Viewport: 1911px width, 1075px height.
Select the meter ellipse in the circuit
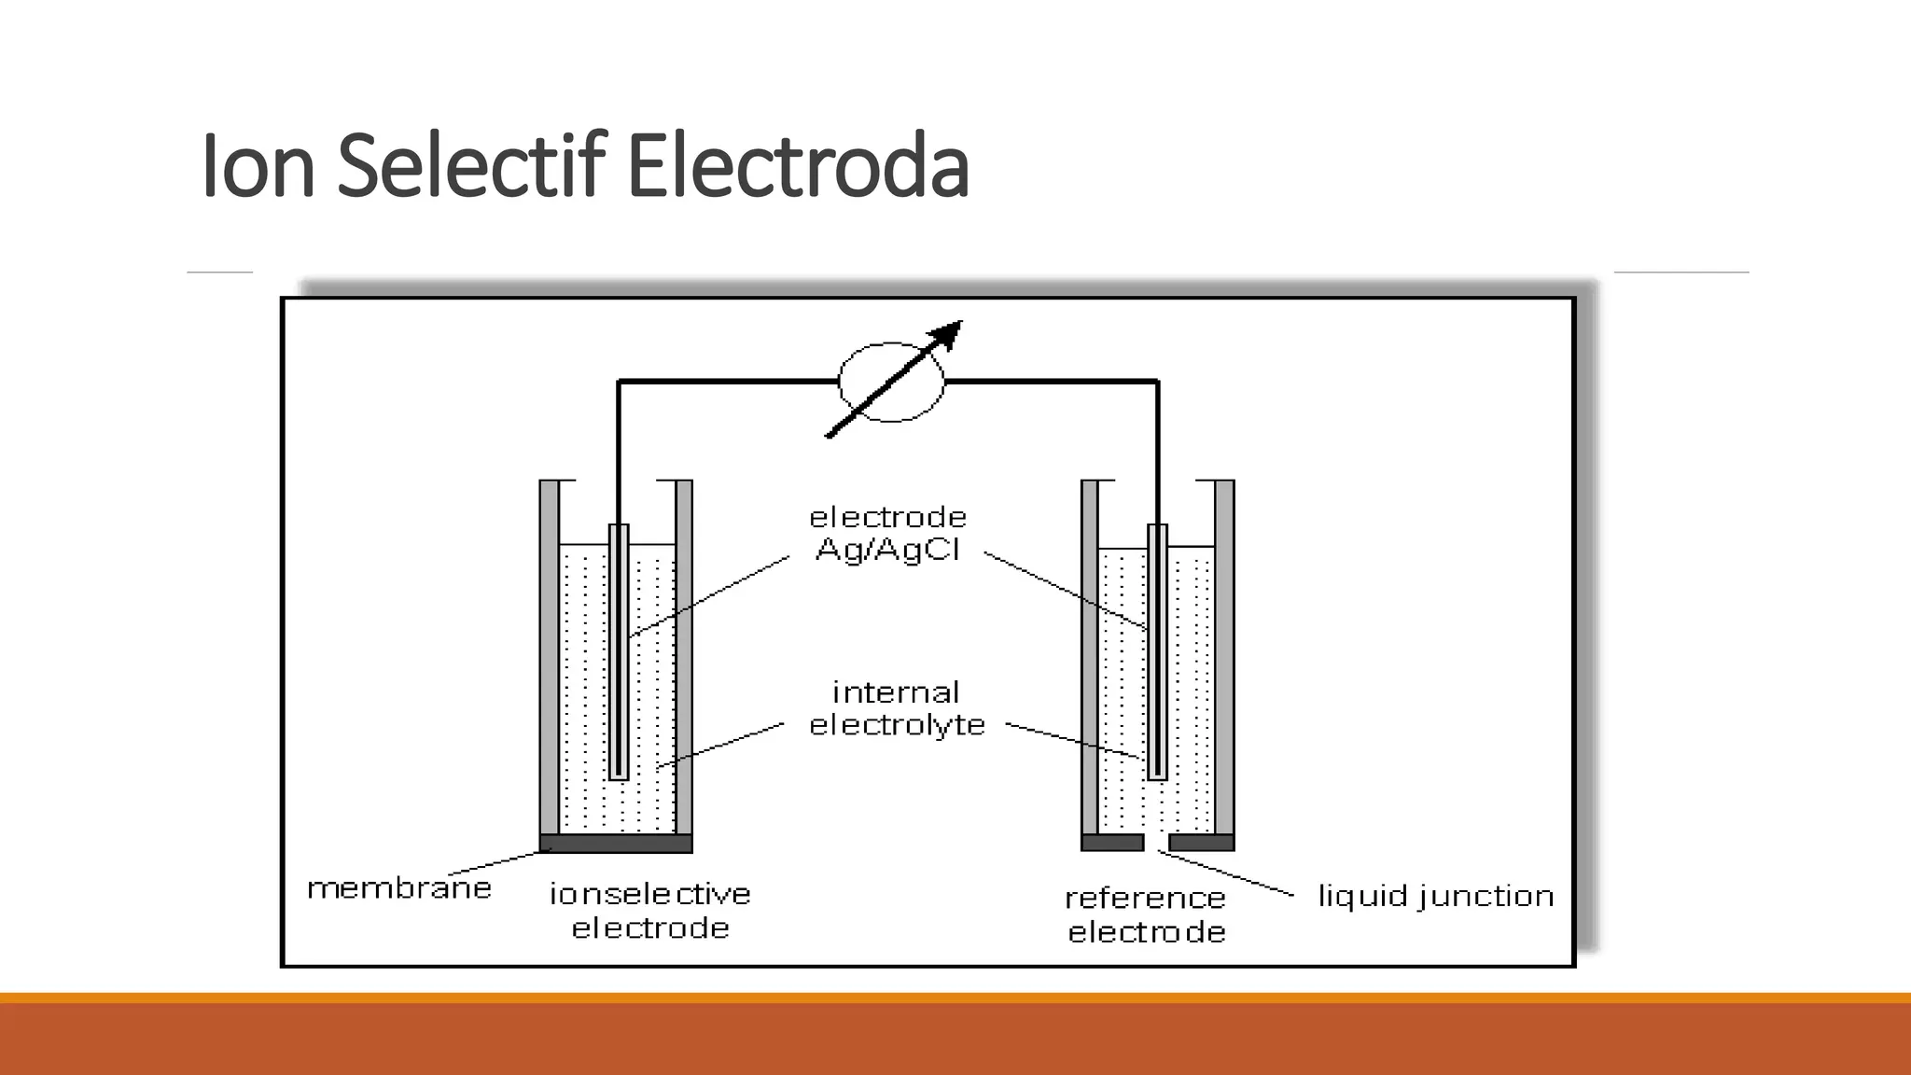point(891,382)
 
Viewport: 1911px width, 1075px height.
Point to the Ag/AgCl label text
point(887,550)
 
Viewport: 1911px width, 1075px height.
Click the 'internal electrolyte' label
point(897,708)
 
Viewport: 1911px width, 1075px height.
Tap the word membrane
point(399,887)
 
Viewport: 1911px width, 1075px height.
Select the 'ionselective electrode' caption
point(650,911)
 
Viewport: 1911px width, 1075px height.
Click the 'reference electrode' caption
point(1146,914)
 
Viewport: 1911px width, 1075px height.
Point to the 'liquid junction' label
point(1435,896)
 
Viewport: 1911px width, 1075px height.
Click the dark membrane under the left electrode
point(616,844)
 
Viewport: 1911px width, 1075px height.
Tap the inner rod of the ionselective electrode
point(619,653)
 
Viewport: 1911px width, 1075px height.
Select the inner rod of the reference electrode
point(1157,653)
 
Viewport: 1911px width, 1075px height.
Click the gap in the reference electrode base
point(1156,843)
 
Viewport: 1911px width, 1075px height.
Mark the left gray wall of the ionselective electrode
point(550,653)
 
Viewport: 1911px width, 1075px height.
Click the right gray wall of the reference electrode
point(1224,653)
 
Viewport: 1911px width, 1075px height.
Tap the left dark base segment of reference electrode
point(1112,843)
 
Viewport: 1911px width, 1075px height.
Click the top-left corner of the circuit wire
point(619,382)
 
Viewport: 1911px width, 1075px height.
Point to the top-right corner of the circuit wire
point(1157,382)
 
